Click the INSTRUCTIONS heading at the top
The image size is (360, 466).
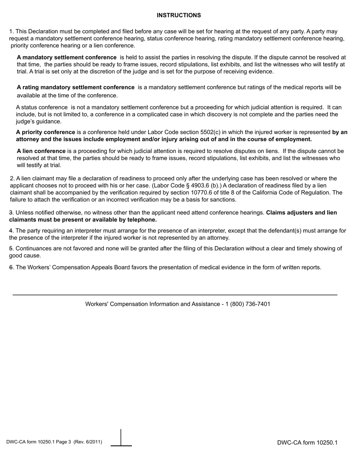(178, 15)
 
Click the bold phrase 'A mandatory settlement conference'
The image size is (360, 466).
(67, 57)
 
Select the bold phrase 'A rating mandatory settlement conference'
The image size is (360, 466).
(75, 87)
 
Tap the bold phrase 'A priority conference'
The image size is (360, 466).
(45, 132)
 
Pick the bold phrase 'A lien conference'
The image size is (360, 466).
(41, 151)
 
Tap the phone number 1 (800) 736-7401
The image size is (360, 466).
(248, 304)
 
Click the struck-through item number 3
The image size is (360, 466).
(11, 213)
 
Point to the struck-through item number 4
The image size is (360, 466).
(11, 231)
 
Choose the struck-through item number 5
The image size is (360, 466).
(11, 249)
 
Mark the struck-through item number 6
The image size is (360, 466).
(11, 267)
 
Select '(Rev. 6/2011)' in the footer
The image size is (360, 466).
(88, 442)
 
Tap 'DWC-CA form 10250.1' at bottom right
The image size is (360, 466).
(307, 443)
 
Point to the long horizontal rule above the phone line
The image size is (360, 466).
(175, 295)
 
